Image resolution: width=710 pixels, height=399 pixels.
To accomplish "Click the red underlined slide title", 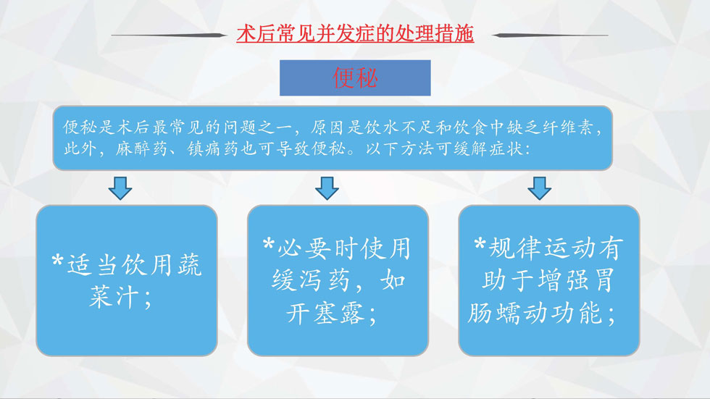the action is [355, 34].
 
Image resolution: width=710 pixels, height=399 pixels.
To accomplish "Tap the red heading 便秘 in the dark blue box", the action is [355, 77].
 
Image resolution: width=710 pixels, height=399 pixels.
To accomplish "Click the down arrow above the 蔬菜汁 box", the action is [120, 188].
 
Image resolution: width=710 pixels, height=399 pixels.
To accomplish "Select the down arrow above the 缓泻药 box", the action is [327, 188].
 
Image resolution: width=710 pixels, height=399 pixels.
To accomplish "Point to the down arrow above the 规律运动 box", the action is [539, 188].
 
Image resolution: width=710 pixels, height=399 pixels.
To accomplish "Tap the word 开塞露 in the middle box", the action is [325, 313].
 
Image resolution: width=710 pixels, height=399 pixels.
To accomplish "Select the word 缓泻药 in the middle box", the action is [311, 281].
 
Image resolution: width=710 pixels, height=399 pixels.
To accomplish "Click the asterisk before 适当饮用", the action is [57, 261].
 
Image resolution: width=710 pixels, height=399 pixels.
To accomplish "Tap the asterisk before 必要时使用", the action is [269, 244].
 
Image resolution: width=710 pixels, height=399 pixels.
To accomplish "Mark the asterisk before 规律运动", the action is [480, 244].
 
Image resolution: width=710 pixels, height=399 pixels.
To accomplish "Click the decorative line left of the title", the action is [168, 35].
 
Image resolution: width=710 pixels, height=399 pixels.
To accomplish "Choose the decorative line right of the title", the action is [550, 35].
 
